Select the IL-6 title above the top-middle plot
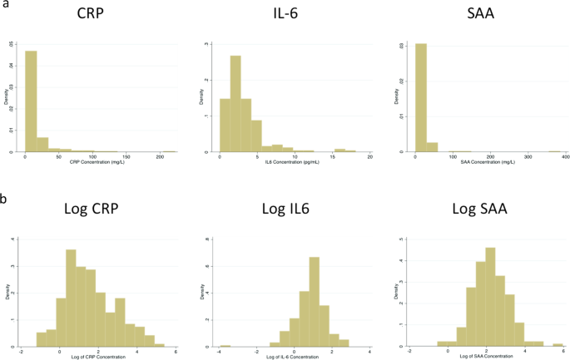pyautogui.click(x=282, y=16)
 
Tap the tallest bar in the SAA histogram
pyautogui.click(x=421, y=98)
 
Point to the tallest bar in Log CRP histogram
pyautogui.click(x=71, y=298)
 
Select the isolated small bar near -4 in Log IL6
pyautogui.click(x=225, y=344)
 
